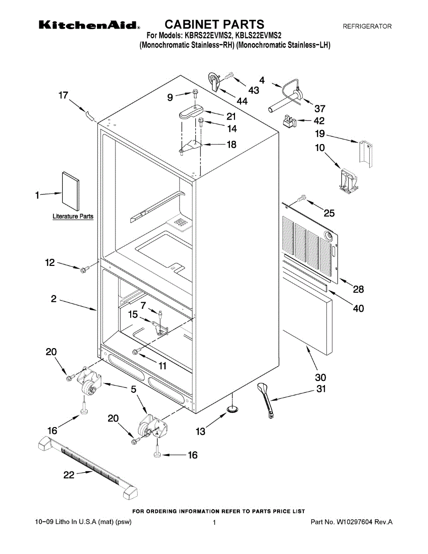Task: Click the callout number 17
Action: pos(63,96)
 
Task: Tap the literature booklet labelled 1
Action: pos(71,190)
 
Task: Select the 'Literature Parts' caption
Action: pos(73,216)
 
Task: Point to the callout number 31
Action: pos(320,389)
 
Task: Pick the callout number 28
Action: pos(358,289)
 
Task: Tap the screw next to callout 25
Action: pos(303,198)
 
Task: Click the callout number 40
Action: pos(358,308)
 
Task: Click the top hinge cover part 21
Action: pos(190,112)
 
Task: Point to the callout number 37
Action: pos(319,109)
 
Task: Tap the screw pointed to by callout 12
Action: pos(84,270)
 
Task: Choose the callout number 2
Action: pos(54,299)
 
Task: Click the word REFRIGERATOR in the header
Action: pos(367,27)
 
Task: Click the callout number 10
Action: pos(319,148)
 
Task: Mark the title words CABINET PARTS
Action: pos(215,24)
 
